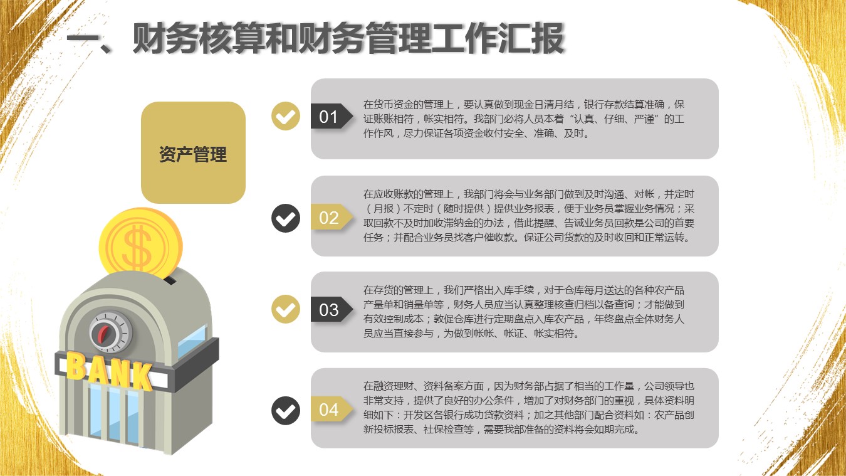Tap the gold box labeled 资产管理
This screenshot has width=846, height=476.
tap(193, 153)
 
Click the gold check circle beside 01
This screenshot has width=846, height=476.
tap(286, 116)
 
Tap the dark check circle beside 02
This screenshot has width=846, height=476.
tap(286, 218)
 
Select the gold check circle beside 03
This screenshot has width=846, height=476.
tap(286, 309)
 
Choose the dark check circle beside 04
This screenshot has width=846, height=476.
tap(286, 411)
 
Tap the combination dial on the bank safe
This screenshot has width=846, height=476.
tap(111, 332)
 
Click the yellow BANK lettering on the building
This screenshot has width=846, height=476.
tap(110, 371)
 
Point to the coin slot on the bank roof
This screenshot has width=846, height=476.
tap(170, 280)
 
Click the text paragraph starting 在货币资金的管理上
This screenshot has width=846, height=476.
tap(523, 119)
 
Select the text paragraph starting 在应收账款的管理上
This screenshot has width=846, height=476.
tap(529, 216)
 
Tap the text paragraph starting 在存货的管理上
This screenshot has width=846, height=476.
tap(523, 312)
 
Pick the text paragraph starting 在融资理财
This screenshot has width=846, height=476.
tap(529, 408)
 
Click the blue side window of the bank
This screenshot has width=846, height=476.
tap(192, 341)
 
